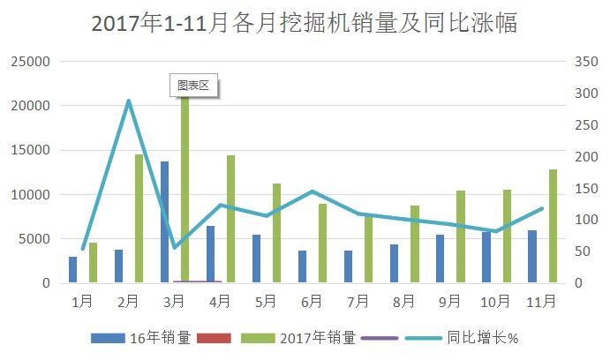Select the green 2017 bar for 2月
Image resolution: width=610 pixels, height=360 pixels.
pyautogui.click(x=139, y=219)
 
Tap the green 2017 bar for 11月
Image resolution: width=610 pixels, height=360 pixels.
pyautogui.click(x=553, y=226)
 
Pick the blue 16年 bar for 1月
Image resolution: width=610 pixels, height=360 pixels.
pyautogui.click(x=72, y=270)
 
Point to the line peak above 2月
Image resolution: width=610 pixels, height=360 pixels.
pyautogui.click(x=129, y=101)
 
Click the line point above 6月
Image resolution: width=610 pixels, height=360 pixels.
pyautogui.click(x=313, y=191)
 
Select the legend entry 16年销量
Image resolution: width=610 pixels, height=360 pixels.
pyautogui.click(x=140, y=338)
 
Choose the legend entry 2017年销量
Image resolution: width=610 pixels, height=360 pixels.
pyautogui.click(x=299, y=338)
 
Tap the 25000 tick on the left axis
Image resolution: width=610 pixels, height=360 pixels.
pyautogui.click(x=29, y=62)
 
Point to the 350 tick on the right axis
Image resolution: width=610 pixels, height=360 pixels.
pyautogui.click(x=585, y=62)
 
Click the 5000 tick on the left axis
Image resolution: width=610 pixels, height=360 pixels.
pyautogui.click(x=33, y=239)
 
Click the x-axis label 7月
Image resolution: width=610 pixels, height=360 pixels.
pyautogui.click(x=358, y=302)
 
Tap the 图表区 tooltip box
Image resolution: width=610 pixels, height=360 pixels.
pyautogui.click(x=192, y=86)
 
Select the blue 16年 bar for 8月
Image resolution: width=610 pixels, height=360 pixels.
pyautogui.click(x=394, y=264)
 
